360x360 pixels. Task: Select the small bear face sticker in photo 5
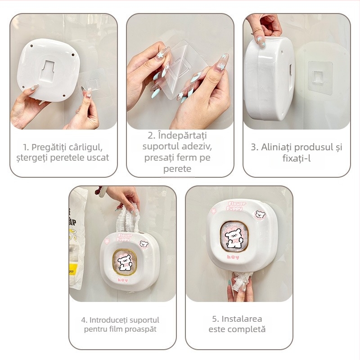[x=261, y=214]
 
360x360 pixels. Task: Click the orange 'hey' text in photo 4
[x=123, y=280]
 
